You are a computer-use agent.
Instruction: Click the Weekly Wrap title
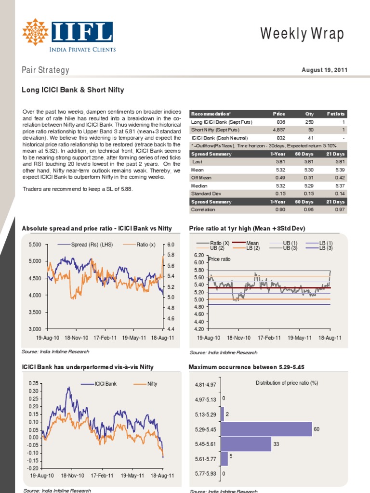(303, 34)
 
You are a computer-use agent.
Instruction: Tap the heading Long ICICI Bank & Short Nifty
(73, 90)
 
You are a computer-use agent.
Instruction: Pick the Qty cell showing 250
(309, 122)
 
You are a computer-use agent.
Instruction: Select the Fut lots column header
(335, 114)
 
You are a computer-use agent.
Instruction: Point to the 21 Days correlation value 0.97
(340, 210)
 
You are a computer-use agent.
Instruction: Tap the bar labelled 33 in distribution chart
(247, 444)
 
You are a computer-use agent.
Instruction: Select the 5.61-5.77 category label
(205, 460)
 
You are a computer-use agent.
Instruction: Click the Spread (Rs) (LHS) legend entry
(92, 245)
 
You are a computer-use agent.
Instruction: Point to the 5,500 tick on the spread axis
(36, 245)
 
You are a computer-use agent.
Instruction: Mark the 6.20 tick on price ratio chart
(199, 255)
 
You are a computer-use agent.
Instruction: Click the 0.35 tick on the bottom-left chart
(33, 383)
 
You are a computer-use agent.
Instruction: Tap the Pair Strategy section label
(46, 70)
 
